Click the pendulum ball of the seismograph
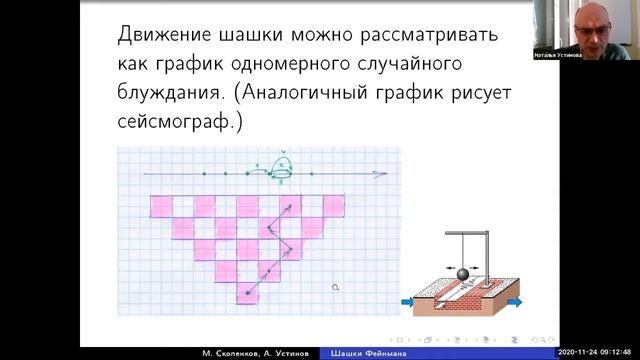[463, 272]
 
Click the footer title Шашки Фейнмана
[363, 353]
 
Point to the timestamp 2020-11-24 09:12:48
[597, 353]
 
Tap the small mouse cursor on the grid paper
[336, 287]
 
